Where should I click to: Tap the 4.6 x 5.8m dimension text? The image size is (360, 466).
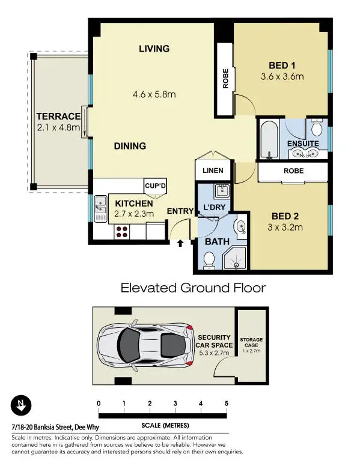click(154, 94)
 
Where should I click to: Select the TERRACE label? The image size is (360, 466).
click(58, 116)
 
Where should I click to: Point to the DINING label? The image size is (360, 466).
click(130, 146)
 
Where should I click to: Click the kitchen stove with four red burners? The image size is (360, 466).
click(122, 231)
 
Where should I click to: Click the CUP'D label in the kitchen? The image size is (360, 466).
click(155, 187)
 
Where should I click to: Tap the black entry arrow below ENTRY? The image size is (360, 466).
click(180, 243)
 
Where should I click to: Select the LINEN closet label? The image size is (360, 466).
click(213, 171)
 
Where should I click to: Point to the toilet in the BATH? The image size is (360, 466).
click(209, 259)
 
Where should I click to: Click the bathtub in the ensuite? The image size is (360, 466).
click(269, 139)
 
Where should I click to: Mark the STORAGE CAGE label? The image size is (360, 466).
click(251, 343)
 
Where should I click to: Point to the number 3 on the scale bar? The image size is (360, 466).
click(175, 403)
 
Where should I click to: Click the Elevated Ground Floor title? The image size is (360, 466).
click(193, 288)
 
